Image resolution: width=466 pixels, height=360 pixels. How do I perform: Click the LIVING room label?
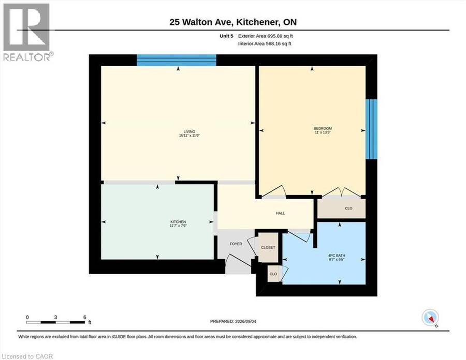189,131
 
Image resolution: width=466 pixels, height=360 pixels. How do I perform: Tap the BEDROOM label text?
323,128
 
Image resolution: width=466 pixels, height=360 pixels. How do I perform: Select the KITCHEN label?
178,222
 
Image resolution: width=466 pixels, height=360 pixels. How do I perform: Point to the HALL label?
280,213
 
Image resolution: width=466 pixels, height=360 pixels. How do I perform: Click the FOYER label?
236,244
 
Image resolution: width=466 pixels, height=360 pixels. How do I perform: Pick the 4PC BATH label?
337,255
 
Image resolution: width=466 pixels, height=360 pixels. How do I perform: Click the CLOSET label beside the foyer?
268,248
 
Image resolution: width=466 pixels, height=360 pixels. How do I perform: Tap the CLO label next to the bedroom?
348,208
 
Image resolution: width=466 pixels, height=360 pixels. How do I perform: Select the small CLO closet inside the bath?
273,274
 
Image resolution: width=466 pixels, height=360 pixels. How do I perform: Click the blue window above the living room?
177,60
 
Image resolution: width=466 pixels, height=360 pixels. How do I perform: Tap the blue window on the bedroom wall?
371,129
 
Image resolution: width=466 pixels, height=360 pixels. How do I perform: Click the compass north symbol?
430,318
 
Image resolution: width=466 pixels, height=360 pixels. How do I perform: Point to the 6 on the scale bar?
85,317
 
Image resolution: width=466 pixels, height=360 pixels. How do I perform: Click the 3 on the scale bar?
55,317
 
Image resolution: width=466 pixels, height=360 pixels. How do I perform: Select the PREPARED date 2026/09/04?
245,321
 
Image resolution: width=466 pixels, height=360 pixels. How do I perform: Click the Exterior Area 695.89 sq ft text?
266,36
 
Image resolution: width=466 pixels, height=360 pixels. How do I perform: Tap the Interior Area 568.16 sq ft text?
265,43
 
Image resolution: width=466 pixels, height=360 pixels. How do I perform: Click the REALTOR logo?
27,32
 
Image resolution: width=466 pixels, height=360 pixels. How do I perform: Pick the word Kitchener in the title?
255,22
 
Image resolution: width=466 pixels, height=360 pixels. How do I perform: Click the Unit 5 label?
226,36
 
